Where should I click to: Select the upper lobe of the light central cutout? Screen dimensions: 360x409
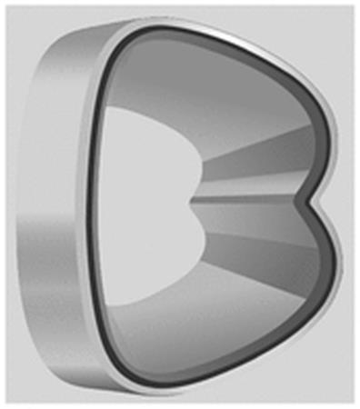click(152, 152)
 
